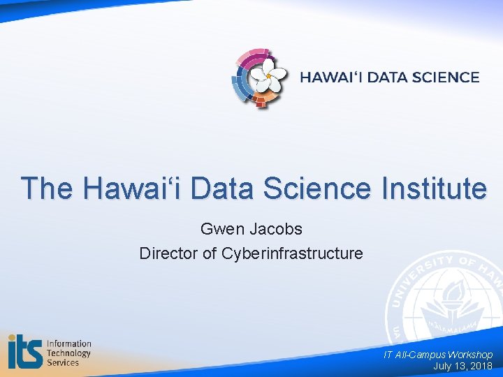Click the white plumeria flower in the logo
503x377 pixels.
pyautogui.click(x=268, y=76)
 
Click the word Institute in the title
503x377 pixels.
pyautogui.click(x=434, y=188)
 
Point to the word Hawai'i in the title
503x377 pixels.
pyautogui.click(x=132, y=188)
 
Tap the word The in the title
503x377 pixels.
pyautogui.click(x=47, y=188)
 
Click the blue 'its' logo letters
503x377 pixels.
pyautogui.click(x=24, y=352)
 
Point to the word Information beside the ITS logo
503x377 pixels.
pyautogui.click(x=69, y=343)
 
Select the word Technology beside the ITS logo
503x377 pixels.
pyautogui.click(x=68, y=353)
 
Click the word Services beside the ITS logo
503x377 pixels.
pyautogui.click(x=63, y=363)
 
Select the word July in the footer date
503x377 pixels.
pyautogui.click(x=442, y=366)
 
